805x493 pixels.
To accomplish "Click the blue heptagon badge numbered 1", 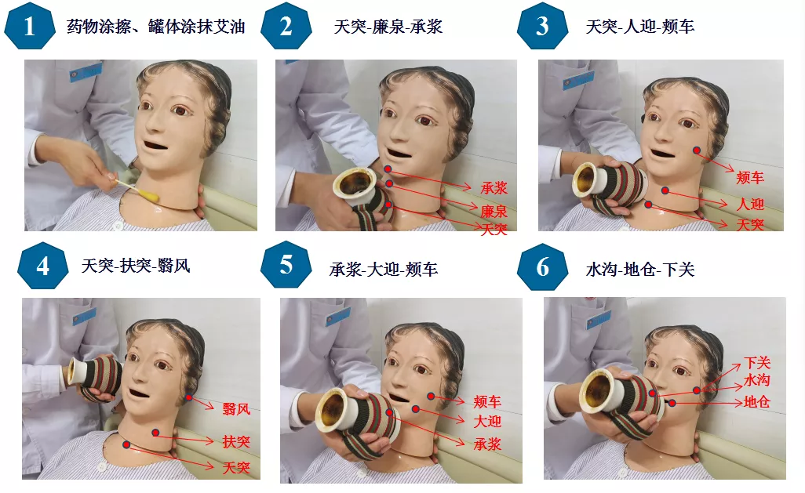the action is [x=29, y=26].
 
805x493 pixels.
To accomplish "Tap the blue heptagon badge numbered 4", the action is [x=43, y=266].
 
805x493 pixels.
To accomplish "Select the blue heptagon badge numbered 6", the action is [x=543, y=267].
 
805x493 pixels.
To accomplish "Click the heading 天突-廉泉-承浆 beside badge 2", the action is [x=388, y=27].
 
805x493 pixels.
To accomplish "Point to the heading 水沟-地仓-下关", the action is [x=640, y=270].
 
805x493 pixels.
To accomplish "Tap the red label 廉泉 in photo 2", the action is [x=494, y=211].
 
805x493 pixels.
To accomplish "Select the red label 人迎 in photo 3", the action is [x=750, y=205].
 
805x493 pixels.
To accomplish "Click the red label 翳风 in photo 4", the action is [x=236, y=409].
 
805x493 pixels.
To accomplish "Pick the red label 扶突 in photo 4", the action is [x=236, y=441].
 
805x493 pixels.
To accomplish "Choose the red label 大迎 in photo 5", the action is [x=487, y=422].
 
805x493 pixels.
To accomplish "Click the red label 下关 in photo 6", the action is [x=757, y=363].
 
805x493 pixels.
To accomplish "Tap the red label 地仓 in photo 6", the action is [x=757, y=401].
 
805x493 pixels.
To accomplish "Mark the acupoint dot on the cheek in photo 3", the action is [x=697, y=150].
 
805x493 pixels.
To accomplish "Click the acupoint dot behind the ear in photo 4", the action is [x=189, y=397].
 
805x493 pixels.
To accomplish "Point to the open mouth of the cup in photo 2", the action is [x=355, y=185].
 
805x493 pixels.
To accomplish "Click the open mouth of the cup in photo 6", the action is [x=601, y=390].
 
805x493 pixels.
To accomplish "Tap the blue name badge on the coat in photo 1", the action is [x=86, y=72].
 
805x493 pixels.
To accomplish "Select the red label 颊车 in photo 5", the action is [x=487, y=401].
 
